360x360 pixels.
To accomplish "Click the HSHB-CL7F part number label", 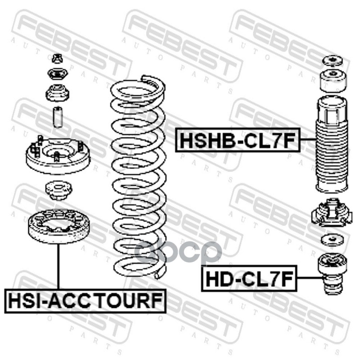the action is tap(238, 140).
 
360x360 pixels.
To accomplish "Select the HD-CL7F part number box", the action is tap(249, 278).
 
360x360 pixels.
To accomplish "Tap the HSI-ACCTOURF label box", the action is tap(85, 301).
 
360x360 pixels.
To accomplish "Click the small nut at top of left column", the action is tap(57, 58).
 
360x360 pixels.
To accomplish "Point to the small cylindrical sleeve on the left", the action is tap(58, 117).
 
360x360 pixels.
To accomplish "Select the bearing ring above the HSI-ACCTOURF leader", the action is tap(58, 226).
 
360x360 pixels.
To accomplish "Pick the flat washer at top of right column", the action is tap(332, 61).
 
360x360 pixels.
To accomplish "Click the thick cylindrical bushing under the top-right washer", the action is tap(332, 81).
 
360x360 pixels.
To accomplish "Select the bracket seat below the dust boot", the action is tap(332, 212).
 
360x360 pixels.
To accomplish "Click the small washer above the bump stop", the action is tap(332, 240).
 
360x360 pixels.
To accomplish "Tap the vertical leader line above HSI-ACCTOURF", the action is tap(58, 266).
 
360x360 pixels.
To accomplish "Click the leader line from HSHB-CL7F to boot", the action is tap(308, 139).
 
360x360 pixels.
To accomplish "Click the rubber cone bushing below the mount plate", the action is tap(58, 190).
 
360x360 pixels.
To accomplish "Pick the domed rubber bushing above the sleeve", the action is tap(58, 93).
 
